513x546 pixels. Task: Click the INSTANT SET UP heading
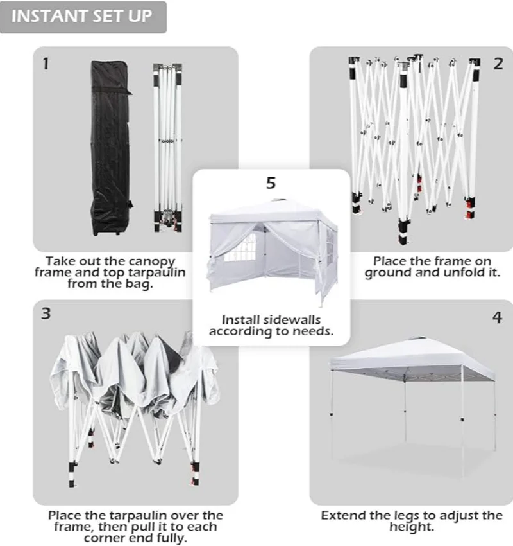(x=83, y=17)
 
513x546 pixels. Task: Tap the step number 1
(x=45, y=64)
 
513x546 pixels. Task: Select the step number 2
(x=498, y=64)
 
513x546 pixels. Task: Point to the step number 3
(x=45, y=314)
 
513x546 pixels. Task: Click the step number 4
(x=497, y=317)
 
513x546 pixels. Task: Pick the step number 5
(x=271, y=183)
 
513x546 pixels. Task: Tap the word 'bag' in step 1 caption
(x=141, y=284)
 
